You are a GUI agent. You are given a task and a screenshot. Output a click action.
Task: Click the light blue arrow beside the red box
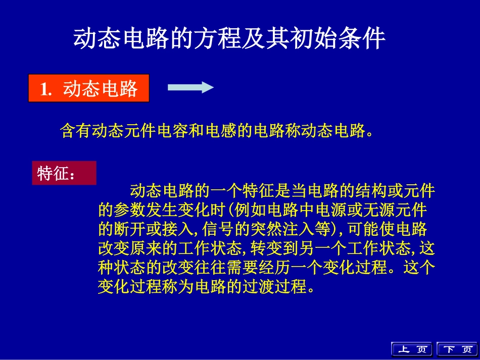(x=190, y=88)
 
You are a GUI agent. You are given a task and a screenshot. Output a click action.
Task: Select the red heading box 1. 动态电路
(x=89, y=88)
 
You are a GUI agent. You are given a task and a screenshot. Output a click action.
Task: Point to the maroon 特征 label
(x=64, y=173)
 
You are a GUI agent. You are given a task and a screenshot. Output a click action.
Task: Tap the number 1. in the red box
(x=46, y=89)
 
